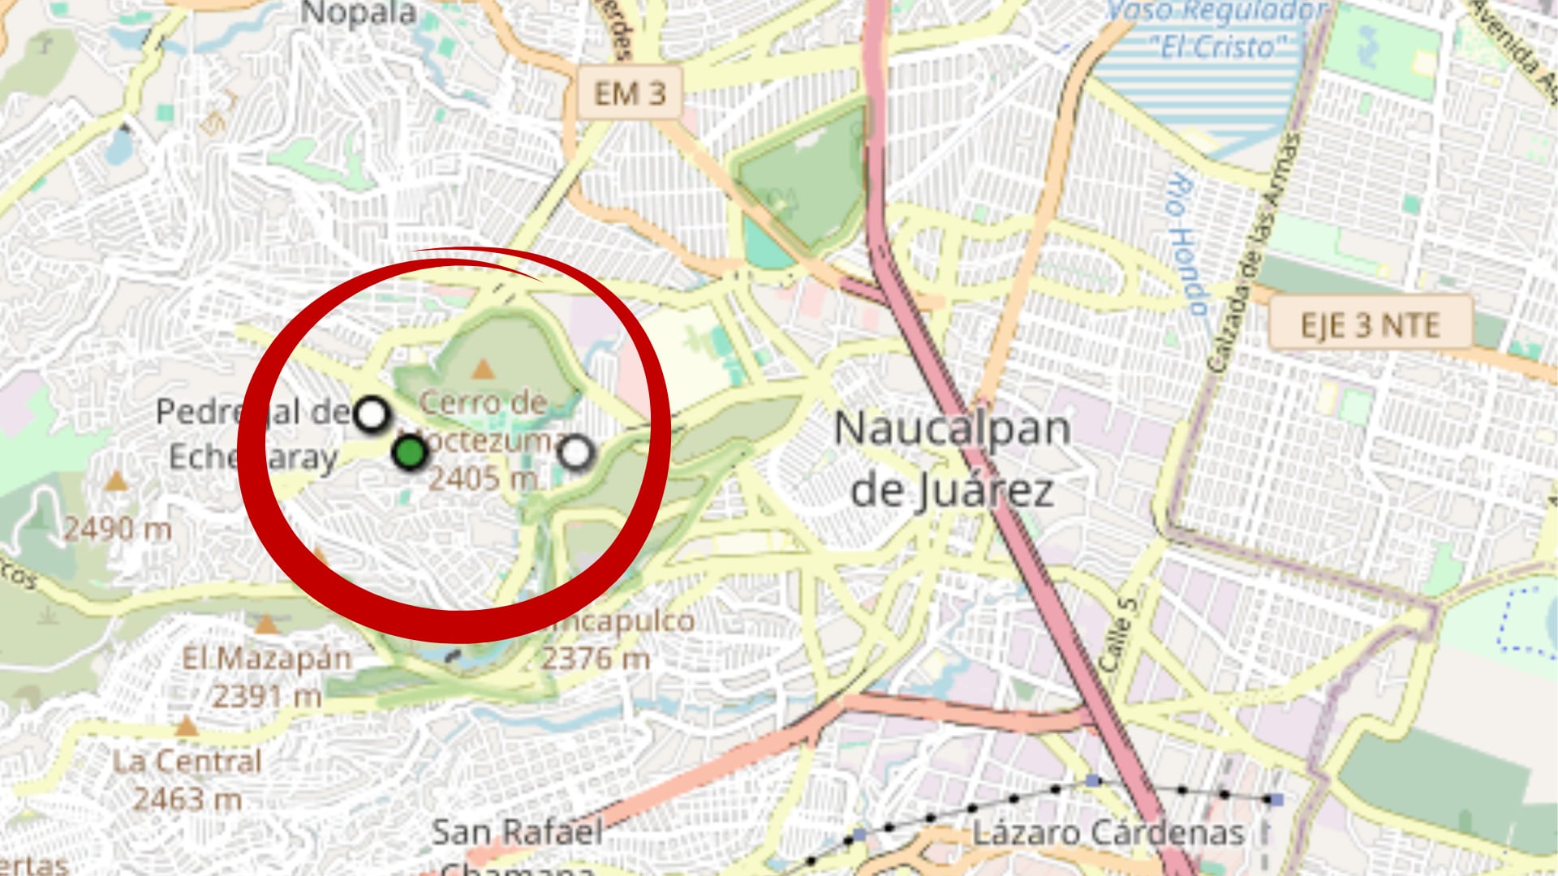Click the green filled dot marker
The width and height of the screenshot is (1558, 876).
coord(410,453)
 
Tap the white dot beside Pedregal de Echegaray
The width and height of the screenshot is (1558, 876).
coord(372,415)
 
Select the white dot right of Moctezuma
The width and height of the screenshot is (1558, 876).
coord(576,453)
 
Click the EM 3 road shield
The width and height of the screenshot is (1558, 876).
coord(630,93)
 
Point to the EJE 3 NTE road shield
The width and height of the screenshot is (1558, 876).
coord(1370,325)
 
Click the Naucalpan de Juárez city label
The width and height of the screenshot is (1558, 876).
coord(952,459)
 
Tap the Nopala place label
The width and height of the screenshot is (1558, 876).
coord(359,14)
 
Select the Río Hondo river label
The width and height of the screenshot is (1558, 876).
coord(1186,243)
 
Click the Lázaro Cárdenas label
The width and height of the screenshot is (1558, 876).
coord(1108,833)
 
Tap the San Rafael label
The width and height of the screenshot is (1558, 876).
coord(517,832)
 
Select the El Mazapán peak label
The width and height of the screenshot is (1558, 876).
coord(266,658)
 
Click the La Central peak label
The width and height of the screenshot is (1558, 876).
coord(187,762)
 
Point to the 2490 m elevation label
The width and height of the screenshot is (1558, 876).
coord(118,530)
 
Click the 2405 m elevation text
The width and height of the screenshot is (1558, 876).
coord(484,479)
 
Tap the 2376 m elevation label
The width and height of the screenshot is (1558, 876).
coord(596,659)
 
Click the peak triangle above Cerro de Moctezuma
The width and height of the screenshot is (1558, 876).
coord(484,370)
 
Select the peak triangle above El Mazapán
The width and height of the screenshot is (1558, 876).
coord(266,624)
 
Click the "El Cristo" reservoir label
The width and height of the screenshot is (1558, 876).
coord(1217,46)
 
